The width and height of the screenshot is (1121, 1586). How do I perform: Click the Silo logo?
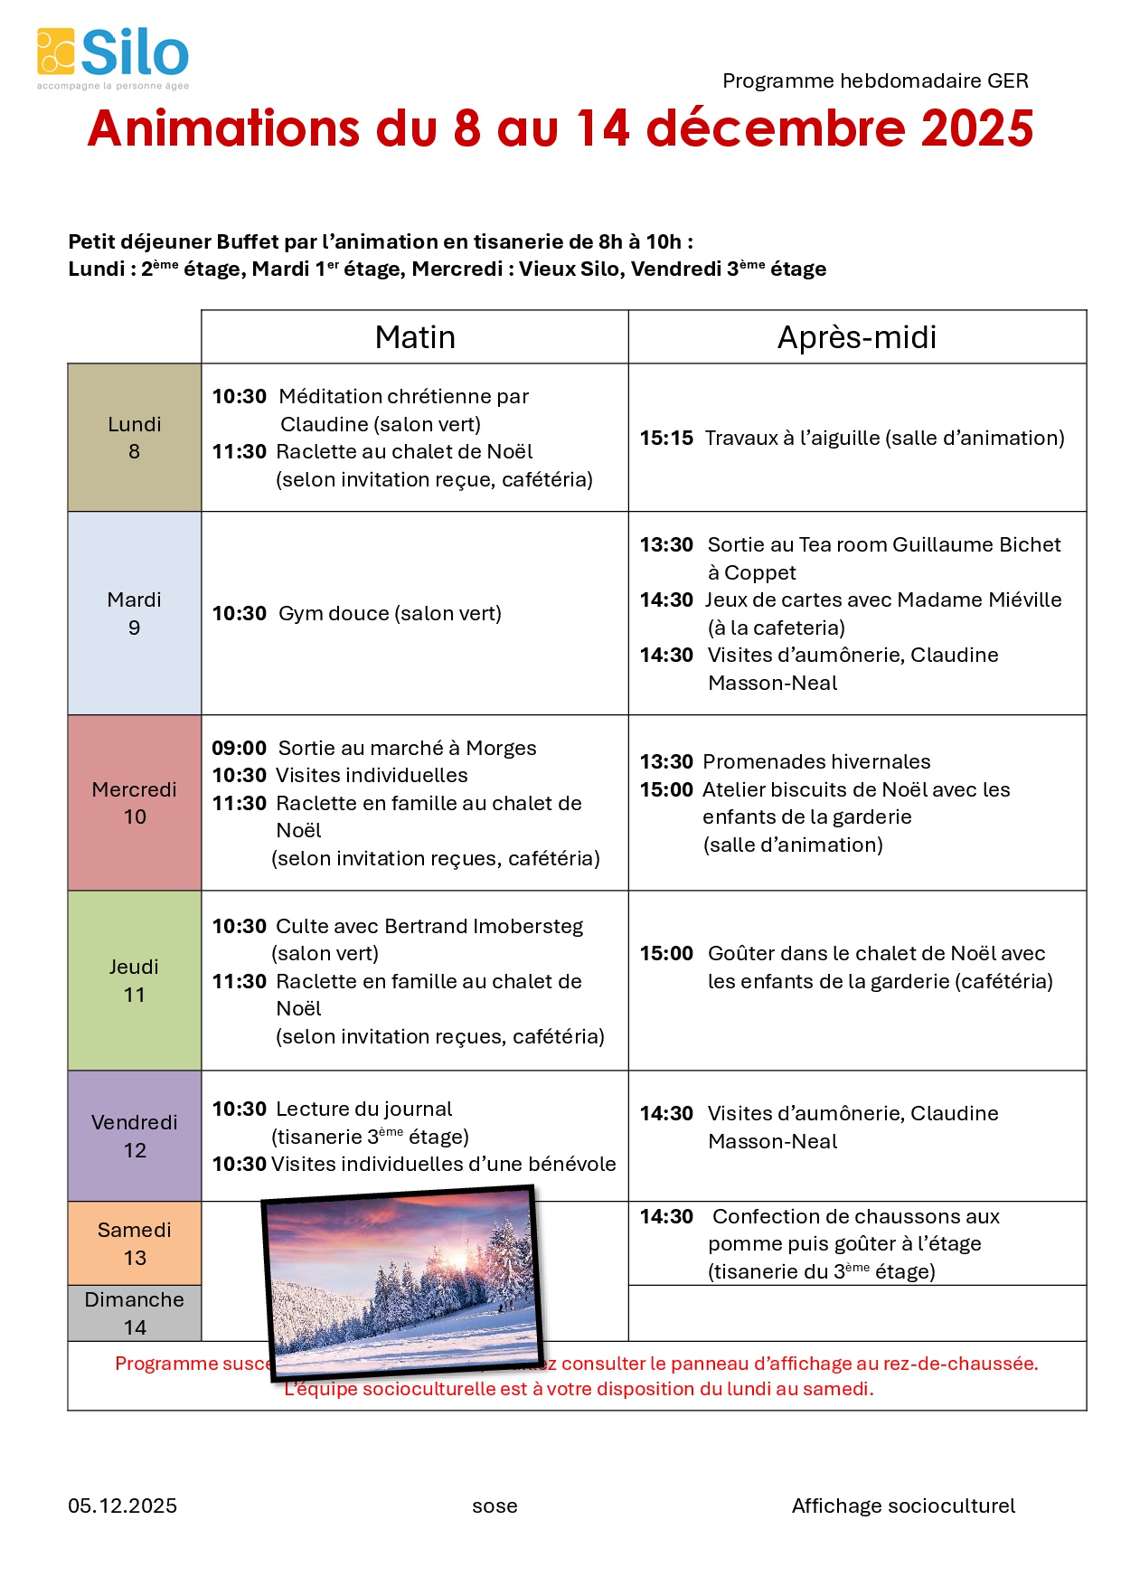click(x=113, y=57)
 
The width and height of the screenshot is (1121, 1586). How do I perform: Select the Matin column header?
click(x=415, y=337)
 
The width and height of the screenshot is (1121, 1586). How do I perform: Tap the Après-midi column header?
click(x=857, y=337)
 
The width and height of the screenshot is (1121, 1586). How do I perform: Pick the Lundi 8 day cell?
click(x=135, y=438)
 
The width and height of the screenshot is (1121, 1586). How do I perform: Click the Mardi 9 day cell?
click(x=135, y=613)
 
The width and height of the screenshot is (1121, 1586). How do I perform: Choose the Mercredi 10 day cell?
click(x=135, y=803)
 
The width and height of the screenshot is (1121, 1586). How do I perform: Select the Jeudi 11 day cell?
click(x=135, y=980)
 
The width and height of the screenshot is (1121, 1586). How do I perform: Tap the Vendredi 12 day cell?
click(x=135, y=1136)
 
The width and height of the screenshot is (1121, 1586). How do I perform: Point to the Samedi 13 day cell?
click(x=135, y=1243)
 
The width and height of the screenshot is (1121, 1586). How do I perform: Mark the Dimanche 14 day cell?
click(x=135, y=1313)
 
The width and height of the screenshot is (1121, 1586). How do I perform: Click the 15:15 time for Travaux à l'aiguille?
click(x=666, y=439)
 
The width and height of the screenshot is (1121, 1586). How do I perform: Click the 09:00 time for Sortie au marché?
click(x=239, y=749)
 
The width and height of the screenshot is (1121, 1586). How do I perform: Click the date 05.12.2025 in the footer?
click(x=122, y=1506)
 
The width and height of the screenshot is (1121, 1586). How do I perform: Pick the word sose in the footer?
click(x=495, y=1506)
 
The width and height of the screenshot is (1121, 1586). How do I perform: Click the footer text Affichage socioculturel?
click(x=903, y=1506)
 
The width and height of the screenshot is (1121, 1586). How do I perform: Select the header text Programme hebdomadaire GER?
click(x=875, y=81)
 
